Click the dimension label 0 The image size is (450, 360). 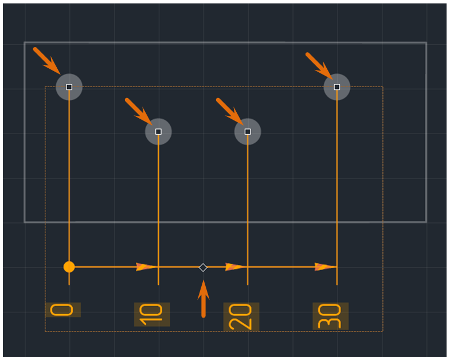(62, 310)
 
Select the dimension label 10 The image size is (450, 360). (151, 315)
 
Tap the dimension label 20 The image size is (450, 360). (241, 316)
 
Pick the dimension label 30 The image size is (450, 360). (330, 316)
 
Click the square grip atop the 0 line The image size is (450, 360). (69, 87)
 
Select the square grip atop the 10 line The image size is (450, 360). (158, 131)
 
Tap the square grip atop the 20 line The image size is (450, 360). (248, 131)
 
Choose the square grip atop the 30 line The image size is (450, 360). (337, 87)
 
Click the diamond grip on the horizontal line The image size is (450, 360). (203, 268)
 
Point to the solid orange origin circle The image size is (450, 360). (69, 267)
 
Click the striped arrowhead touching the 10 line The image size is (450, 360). (147, 267)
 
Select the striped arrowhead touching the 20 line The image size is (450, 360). (236, 267)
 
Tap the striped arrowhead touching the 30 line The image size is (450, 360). (326, 267)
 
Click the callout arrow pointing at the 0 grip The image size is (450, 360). (47, 61)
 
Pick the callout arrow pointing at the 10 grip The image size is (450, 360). (138, 111)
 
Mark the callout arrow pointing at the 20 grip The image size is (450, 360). (230, 111)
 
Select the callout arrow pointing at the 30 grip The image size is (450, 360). (319, 66)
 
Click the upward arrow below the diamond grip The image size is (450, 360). (204, 299)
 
